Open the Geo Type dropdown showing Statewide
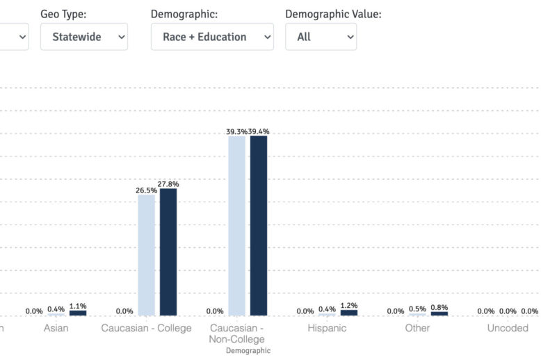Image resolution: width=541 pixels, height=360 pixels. point(84,37)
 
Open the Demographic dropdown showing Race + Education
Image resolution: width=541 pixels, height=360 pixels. point(212,37)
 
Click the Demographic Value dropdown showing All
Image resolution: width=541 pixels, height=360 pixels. point(321,37)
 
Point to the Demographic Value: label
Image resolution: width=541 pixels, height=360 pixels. point(333,14)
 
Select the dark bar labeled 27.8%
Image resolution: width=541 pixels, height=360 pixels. point(168,252)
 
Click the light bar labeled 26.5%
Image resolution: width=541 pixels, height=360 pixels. point(147,255)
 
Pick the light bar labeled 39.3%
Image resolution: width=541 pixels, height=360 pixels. point(237,226)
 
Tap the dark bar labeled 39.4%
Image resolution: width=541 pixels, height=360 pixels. point(259,226)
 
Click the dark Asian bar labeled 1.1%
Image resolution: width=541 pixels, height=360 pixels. point(78,313)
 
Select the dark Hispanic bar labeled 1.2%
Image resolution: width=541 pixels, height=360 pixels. point(349,313)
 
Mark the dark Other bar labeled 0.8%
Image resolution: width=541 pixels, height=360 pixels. point(439,313)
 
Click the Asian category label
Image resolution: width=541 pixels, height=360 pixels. point(56,328)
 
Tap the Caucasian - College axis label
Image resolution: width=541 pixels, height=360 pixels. point(146,328)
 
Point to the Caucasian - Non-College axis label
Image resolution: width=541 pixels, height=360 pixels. point(237,334)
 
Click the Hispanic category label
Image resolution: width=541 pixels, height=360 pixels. point(327,328)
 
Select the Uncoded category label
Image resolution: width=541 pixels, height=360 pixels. point(508,328)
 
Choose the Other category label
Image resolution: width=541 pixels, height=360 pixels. point(417,328)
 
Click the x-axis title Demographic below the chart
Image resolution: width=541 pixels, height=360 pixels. point(248,351)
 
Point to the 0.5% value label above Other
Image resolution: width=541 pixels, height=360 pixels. point(418,309)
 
